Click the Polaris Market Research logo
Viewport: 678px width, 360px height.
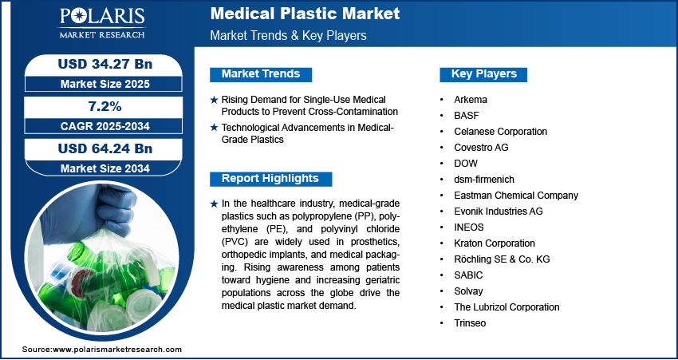click(x=102, y=23)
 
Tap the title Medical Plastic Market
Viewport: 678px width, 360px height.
click(x=305, y=14)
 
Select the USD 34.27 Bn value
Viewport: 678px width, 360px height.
click(x=105, y=64)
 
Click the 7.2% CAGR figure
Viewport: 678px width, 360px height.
click(x=105, y=106)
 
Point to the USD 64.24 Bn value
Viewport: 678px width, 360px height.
click(x=105, y=148)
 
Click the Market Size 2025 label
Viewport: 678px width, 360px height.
click(x=105, y=84)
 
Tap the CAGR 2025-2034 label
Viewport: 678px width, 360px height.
click(x=105, y=126)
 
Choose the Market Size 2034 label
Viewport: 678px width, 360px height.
click(x=105, y=168)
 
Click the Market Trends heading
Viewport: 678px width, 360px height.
click(x=261, y=74)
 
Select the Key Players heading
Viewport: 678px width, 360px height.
click(x=484, y=74)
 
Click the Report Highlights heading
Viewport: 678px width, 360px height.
click(x=270, y=178)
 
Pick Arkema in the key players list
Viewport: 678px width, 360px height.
click(x=471, y=100)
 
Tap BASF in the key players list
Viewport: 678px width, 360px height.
click(x=467, y=116)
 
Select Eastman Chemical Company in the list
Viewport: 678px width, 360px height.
click(x=516, y=195)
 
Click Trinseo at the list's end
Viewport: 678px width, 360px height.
click(x=470, y=322)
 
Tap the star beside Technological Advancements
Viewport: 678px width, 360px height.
click(x=214, y=128)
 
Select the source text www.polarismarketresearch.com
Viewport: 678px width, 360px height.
click(x=117, y=350)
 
